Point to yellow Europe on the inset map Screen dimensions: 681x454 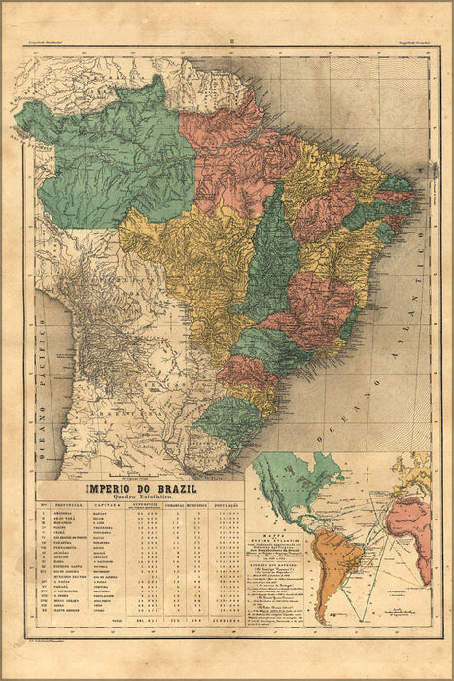pos(418,467)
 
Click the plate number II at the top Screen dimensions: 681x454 pos(227,42)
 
